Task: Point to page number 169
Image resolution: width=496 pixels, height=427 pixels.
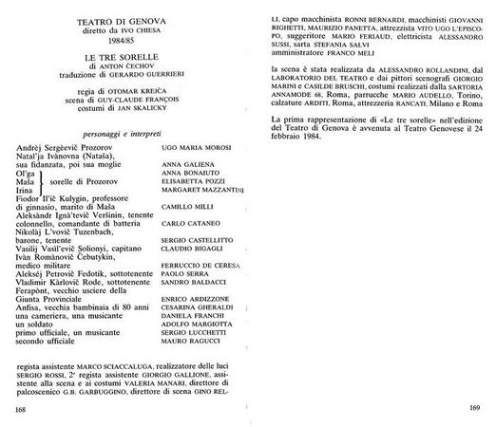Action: [x=475, y=410]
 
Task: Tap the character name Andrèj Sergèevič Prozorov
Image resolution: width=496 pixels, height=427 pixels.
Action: [x=67, y=151]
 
